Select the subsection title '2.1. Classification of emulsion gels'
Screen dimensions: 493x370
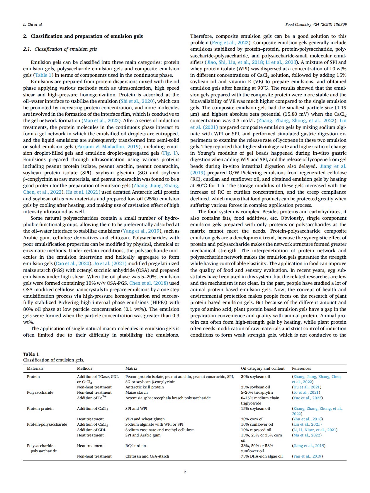pyautogui.click(x=60, y=49)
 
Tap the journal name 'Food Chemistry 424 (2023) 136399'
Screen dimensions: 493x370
pyautogui.click(x=316, y=25)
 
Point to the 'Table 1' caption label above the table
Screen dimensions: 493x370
pyautogui.click(x=31, y=354)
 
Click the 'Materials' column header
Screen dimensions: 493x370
pyautogui.click(x=35, y=369)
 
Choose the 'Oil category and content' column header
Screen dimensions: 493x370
pyautogui.click(x=263, y=369)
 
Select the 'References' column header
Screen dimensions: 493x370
pyautogui.click(x=301, y=369)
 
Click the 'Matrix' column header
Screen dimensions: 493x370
pyautogui.click(x=131, y=369)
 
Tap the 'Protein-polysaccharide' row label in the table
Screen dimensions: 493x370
pyautogui.click(x=47, y=424)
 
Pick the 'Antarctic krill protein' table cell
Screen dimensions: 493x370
pyautogui.click(x=145, y=387)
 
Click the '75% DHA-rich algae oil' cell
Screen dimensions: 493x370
pyautogui.click(x=262, y=456)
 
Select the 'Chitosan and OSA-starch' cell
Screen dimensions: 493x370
pyautogui.click(x=147, y=456)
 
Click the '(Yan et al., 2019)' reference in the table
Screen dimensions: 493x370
pyautogui.click(x=307, y=456)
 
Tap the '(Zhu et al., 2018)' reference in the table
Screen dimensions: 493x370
pyautogui.click(x=307, y=419)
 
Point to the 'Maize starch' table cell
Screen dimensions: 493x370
pyautogui.click(x=137, y=393)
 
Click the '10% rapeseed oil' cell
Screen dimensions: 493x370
pyautogui.click(x=256, y=430)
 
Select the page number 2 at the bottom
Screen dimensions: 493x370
pyautogui.click(x=185, y=472)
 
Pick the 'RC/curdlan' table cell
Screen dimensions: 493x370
pyautogui.click(x=135, y=446)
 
